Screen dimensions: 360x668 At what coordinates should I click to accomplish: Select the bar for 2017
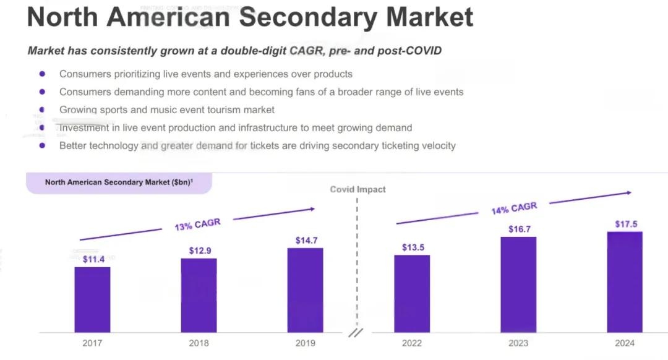[x=92, y=299]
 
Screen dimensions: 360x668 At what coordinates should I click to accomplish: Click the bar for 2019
[x=305, y=290]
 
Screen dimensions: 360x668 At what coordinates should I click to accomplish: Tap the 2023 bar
[x=518, y=285]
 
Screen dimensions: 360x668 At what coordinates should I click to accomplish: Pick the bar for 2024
[x=625, y=282]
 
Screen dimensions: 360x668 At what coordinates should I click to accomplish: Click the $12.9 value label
[x=199, y=251]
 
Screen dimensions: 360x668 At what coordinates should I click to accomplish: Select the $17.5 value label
[x=626, y=224]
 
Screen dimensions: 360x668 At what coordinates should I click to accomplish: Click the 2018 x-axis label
[x=199, y=343]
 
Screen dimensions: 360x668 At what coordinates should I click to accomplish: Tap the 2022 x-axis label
[x=412, y=343]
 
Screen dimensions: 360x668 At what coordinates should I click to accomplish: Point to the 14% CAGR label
[x=514, y=208]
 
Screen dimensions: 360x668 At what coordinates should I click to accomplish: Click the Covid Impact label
[x=358, y=189]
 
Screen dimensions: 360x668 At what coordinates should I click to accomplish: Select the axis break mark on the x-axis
[x=356, y=333]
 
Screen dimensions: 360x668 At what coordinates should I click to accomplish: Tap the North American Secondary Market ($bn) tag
[x=119, y=182]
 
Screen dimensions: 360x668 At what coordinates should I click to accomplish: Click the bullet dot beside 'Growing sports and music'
[x=42, y=109]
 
